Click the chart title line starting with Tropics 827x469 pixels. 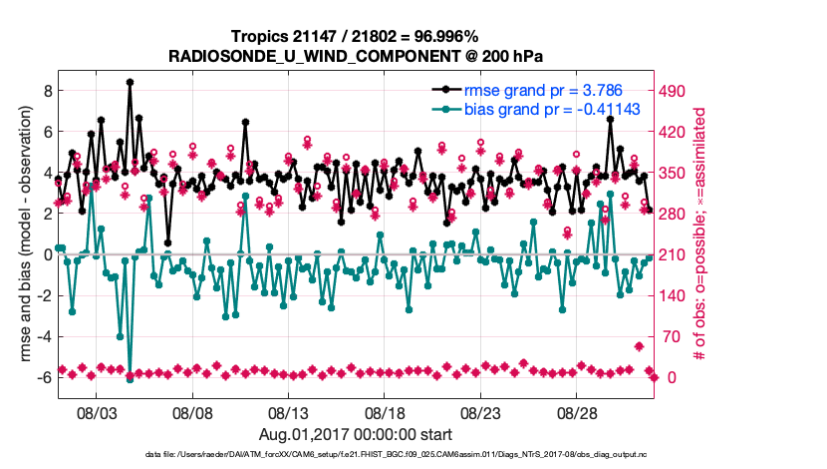tap(356, 36)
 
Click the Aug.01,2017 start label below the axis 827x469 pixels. tap(356, 434)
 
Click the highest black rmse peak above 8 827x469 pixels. tap(130, 83)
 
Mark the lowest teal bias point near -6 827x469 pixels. tap(130, 378)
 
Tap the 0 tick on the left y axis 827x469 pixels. tap(48, 254)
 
